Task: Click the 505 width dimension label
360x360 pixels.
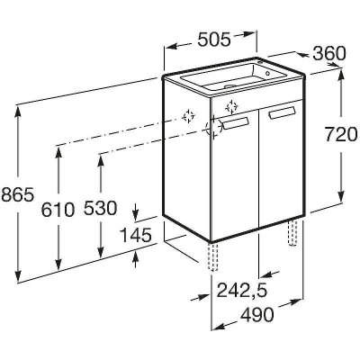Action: tap(214, 40)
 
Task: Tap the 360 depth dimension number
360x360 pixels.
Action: tap(329, 54)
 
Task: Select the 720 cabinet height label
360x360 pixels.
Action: tap(341, 134)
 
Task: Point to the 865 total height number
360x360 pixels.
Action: tap(17, 195)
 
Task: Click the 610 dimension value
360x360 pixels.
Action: tap(58, 209)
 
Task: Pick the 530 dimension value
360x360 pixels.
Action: tap(100, 208)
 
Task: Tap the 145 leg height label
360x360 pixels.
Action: tap(135, 235)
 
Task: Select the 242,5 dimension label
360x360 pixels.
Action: tap(242, 290)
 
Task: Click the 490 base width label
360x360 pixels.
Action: tap(257, 314)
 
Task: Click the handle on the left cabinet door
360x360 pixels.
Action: tap(237, 122)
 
